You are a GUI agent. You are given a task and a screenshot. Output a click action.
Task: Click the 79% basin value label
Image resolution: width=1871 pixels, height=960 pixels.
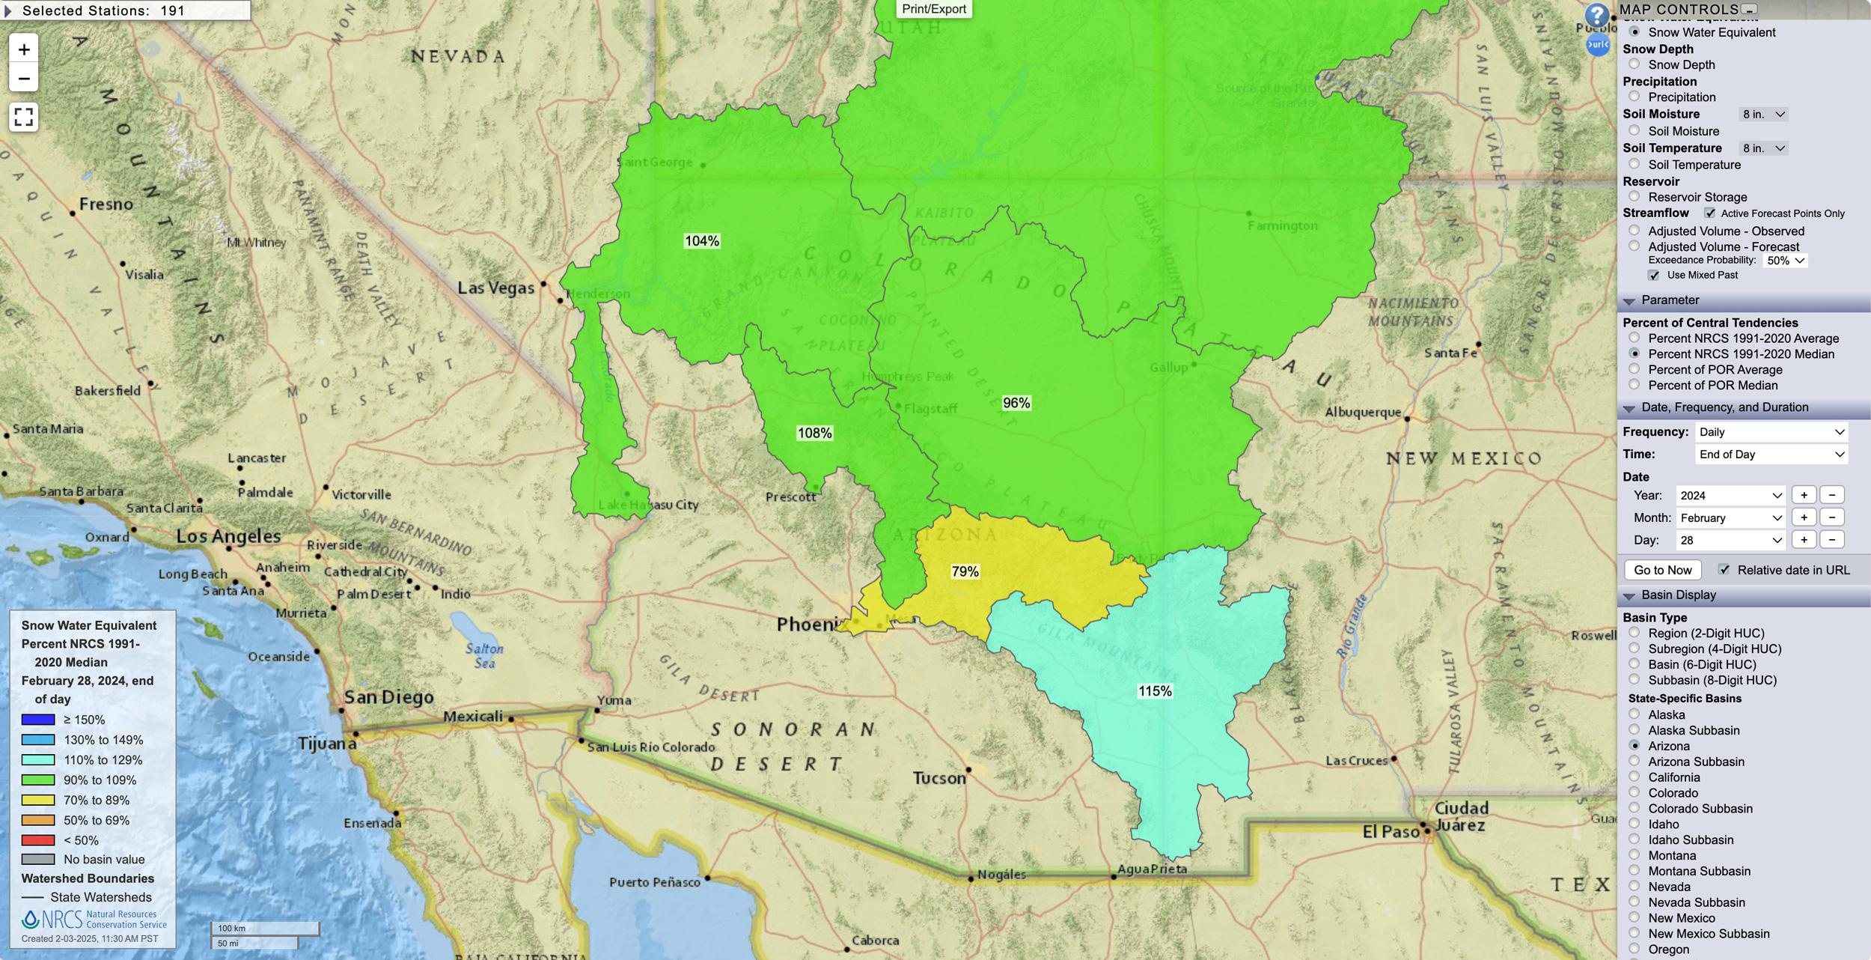tap(965, 571)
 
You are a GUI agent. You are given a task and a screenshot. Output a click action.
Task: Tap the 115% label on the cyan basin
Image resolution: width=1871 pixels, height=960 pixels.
tap(1155, 691)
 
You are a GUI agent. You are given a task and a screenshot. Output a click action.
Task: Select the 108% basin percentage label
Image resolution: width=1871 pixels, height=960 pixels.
tap(814, 433)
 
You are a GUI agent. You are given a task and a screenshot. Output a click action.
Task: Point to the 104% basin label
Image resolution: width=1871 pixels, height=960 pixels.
tap(701, 240)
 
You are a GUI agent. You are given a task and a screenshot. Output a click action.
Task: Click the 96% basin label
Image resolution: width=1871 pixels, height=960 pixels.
tap(1016, 403)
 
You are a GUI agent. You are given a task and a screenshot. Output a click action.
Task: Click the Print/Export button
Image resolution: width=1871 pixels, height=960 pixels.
tap(933, 9)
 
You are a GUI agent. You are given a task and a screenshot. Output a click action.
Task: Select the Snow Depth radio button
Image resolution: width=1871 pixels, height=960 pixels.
tap(1635, 64)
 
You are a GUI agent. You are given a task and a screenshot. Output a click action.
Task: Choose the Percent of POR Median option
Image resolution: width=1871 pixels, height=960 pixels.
tap(1635, 385)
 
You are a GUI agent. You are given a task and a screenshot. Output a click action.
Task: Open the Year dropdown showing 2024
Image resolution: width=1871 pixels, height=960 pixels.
tap(1730, 495)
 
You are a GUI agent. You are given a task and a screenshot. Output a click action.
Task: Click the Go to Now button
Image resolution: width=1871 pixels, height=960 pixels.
tap(1662, 570)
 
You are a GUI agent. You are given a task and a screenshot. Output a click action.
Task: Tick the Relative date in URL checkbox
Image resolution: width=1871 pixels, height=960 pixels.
tap(1724, 570)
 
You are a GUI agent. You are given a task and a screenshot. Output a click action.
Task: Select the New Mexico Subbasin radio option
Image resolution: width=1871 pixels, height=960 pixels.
tap(1635, 933)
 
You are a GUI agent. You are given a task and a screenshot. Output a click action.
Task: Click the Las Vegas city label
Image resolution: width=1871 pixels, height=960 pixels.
tap(495, 288)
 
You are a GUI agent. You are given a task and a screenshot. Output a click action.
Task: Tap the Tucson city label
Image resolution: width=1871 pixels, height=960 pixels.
tap(938, 778)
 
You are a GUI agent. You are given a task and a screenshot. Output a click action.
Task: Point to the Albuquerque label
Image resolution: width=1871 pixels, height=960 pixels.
tap(1362, 412)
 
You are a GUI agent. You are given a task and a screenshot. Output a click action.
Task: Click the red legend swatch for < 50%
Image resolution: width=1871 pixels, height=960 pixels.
tap(38, 840)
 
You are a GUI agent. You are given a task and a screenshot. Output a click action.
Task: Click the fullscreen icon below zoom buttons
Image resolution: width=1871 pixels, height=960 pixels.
tap(24, 117)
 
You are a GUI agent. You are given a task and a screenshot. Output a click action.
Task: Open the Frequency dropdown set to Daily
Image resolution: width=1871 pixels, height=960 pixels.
tap(1770, 432)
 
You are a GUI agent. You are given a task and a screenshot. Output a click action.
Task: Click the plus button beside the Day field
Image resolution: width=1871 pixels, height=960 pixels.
tap(1804, 540)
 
